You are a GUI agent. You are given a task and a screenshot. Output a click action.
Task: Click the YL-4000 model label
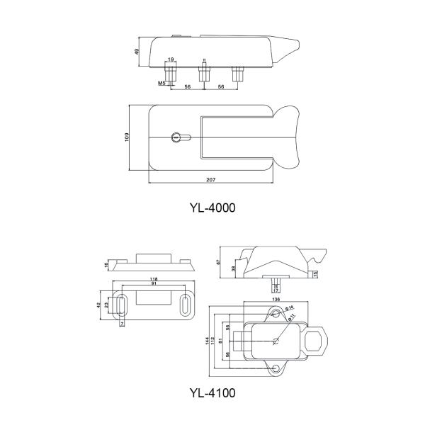pyautogui.click(x=212, y=208)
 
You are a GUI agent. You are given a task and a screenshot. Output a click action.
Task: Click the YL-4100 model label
pyautogui.click(x=212, y=392)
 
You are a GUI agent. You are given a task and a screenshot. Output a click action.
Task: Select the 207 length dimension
pyautogui.click(x=210, y=181)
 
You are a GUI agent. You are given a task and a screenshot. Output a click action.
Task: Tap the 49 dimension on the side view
pyautogui.click(x=136, y=51)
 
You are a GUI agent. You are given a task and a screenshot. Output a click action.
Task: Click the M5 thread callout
pyautogui.click(x=162, y=84)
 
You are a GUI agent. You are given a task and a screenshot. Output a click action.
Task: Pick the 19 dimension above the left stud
pyautogui.click(x=171, y=59)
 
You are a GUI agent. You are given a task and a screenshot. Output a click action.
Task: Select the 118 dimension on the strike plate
pyautogui.click(x=154, y=280)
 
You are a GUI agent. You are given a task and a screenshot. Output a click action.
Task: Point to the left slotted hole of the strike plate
pyautogui.click(x=122, y=306)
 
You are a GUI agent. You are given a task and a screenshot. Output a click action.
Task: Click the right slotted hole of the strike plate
pyautogui.click(x=186, y=305)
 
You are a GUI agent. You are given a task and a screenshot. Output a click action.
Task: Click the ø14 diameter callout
pyautogui.click(x=290, y=307)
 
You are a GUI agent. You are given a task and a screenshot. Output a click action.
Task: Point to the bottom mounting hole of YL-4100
pyautogui.click(x=275, y=368)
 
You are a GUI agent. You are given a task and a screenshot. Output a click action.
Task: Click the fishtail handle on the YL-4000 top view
pyautogui.click(x=290, y=137)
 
